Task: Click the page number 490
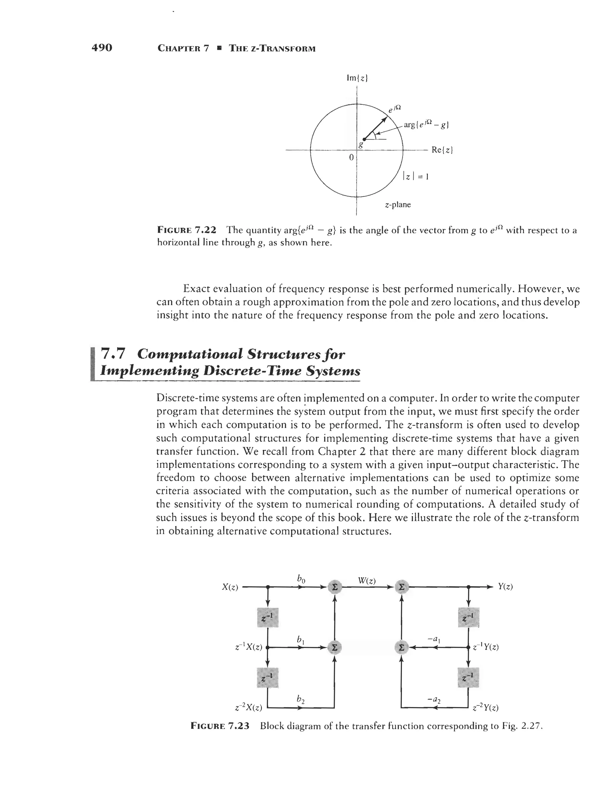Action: coord(102,47)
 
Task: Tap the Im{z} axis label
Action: coord(356,78)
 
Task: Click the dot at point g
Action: coord(365,139)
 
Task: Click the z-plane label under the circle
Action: coord(397,205)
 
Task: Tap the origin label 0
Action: coord(351,157)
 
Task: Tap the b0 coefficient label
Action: coord(301,579)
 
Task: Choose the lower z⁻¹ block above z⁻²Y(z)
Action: coord(468,677)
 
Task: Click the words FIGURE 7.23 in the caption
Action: coord(220,725)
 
